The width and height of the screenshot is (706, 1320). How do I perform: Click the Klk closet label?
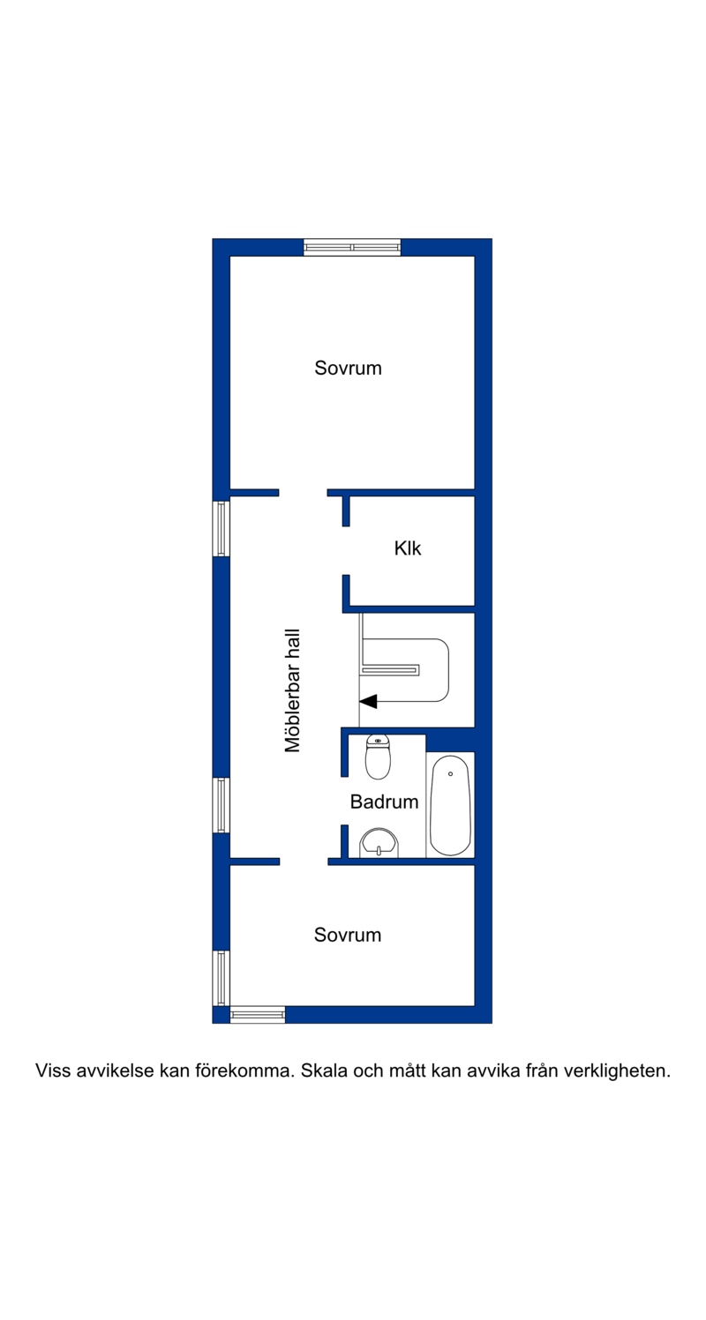tap(408, 548)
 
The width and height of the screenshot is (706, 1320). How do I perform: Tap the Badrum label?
tap(384, 802)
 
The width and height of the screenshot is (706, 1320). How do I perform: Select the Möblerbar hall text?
tap(292, 690)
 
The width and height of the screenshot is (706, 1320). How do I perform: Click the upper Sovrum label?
tap(348, 368)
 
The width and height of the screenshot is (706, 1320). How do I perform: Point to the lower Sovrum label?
tap(348, 935)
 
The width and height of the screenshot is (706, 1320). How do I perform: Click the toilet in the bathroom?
tap(378, 757)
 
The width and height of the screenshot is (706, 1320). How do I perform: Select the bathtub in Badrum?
tap(450, 805)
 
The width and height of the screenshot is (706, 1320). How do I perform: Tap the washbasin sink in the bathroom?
tap(379, 843)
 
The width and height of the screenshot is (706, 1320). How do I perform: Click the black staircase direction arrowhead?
tap(368, 701)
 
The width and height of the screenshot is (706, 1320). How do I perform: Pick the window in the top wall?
tap(352, 247)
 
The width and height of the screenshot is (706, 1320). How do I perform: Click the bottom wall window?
tap(257, 1014)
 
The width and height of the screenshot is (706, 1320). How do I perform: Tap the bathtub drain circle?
tap(450, 773)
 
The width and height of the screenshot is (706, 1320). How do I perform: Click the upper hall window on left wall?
tap(222, 528)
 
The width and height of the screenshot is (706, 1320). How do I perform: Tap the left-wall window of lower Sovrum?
tap(222, 978)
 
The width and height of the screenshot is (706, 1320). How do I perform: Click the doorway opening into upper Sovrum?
tap(304, 493)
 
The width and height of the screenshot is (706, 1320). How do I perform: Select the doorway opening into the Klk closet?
tap(346, 550)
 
